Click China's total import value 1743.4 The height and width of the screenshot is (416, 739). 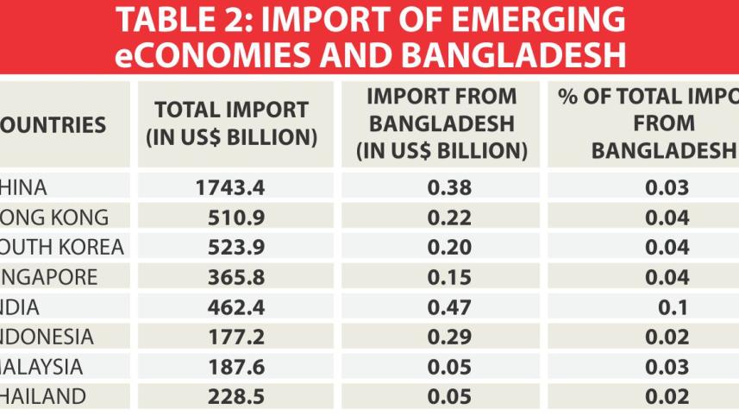[x=230, y=187]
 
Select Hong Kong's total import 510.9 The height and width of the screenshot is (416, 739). [x=230, y=217]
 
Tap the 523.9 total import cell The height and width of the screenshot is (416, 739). [x=230, y=248]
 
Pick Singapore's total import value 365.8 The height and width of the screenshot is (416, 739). [x=230, y=278]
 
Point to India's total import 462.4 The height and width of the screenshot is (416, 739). [x=230, y=307]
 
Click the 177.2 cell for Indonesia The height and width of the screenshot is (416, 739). [x=230, y=337]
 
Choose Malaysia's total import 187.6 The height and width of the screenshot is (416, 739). [x=230, y=367]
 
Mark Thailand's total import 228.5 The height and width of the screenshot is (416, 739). [x=230, y=397]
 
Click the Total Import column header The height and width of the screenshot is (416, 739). [x=230, y=123]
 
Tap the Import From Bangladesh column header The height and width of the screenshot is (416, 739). [x=442, y=123]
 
